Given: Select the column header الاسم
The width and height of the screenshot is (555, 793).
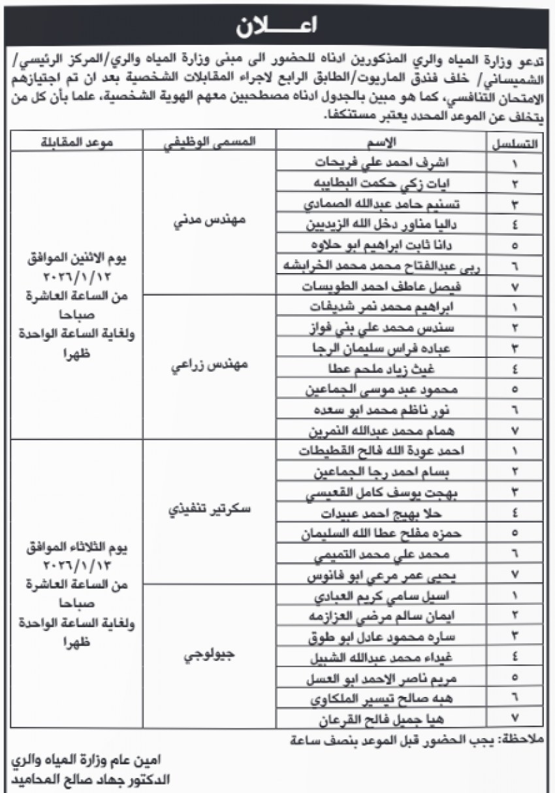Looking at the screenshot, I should [382, 142].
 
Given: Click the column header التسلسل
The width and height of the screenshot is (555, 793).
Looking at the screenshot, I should [518, 142].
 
